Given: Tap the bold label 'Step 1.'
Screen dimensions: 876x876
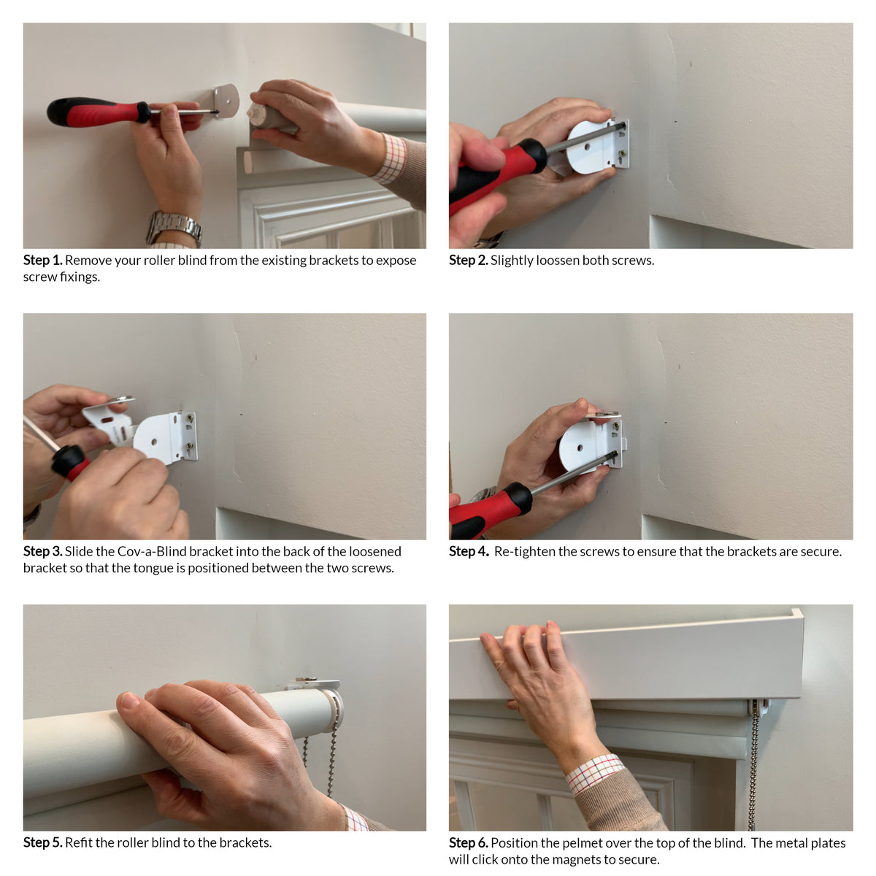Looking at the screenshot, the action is point(43,260).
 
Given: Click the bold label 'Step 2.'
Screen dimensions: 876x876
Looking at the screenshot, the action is point(468,260).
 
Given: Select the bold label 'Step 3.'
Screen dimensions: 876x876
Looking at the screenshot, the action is point(43,551).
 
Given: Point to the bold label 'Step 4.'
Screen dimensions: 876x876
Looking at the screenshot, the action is point(469,551).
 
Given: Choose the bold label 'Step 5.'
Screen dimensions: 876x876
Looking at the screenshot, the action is point(43,842).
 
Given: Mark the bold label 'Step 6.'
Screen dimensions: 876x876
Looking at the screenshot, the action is point(468,843).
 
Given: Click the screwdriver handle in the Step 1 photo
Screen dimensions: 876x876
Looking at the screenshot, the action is point(99,112).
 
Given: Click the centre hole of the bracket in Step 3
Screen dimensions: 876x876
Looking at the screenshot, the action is point(154,442).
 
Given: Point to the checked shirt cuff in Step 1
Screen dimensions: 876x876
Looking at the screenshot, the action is point(390,158).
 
